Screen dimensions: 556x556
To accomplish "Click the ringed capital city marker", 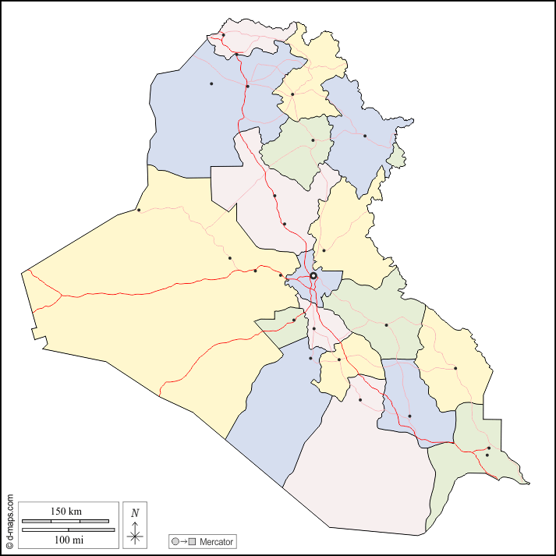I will click(313, 275).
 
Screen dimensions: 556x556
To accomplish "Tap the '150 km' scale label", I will click(66, 512).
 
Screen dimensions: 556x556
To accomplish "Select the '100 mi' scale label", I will click(67, 540).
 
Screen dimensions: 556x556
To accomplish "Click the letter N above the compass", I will click(135, 512).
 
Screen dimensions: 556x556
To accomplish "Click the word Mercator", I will click(216, 541).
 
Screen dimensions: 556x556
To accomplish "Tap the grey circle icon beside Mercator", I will click(175, 541).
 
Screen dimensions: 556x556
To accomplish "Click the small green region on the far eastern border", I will click(397, 157).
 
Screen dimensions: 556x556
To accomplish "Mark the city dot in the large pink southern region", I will click(360, 400).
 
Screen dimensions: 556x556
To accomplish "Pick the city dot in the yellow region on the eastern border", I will click(455, 368).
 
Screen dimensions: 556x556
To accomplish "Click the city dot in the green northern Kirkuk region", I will click(313, 140).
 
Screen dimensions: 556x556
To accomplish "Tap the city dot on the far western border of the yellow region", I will click(139, 210).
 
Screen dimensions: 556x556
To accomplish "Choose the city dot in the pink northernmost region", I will click(223, 34).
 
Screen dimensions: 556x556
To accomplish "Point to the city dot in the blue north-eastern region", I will click(364, 136).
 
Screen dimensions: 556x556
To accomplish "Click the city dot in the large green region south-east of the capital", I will click(386, 324).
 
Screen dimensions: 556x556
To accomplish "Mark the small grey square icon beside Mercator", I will click(192, 541).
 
